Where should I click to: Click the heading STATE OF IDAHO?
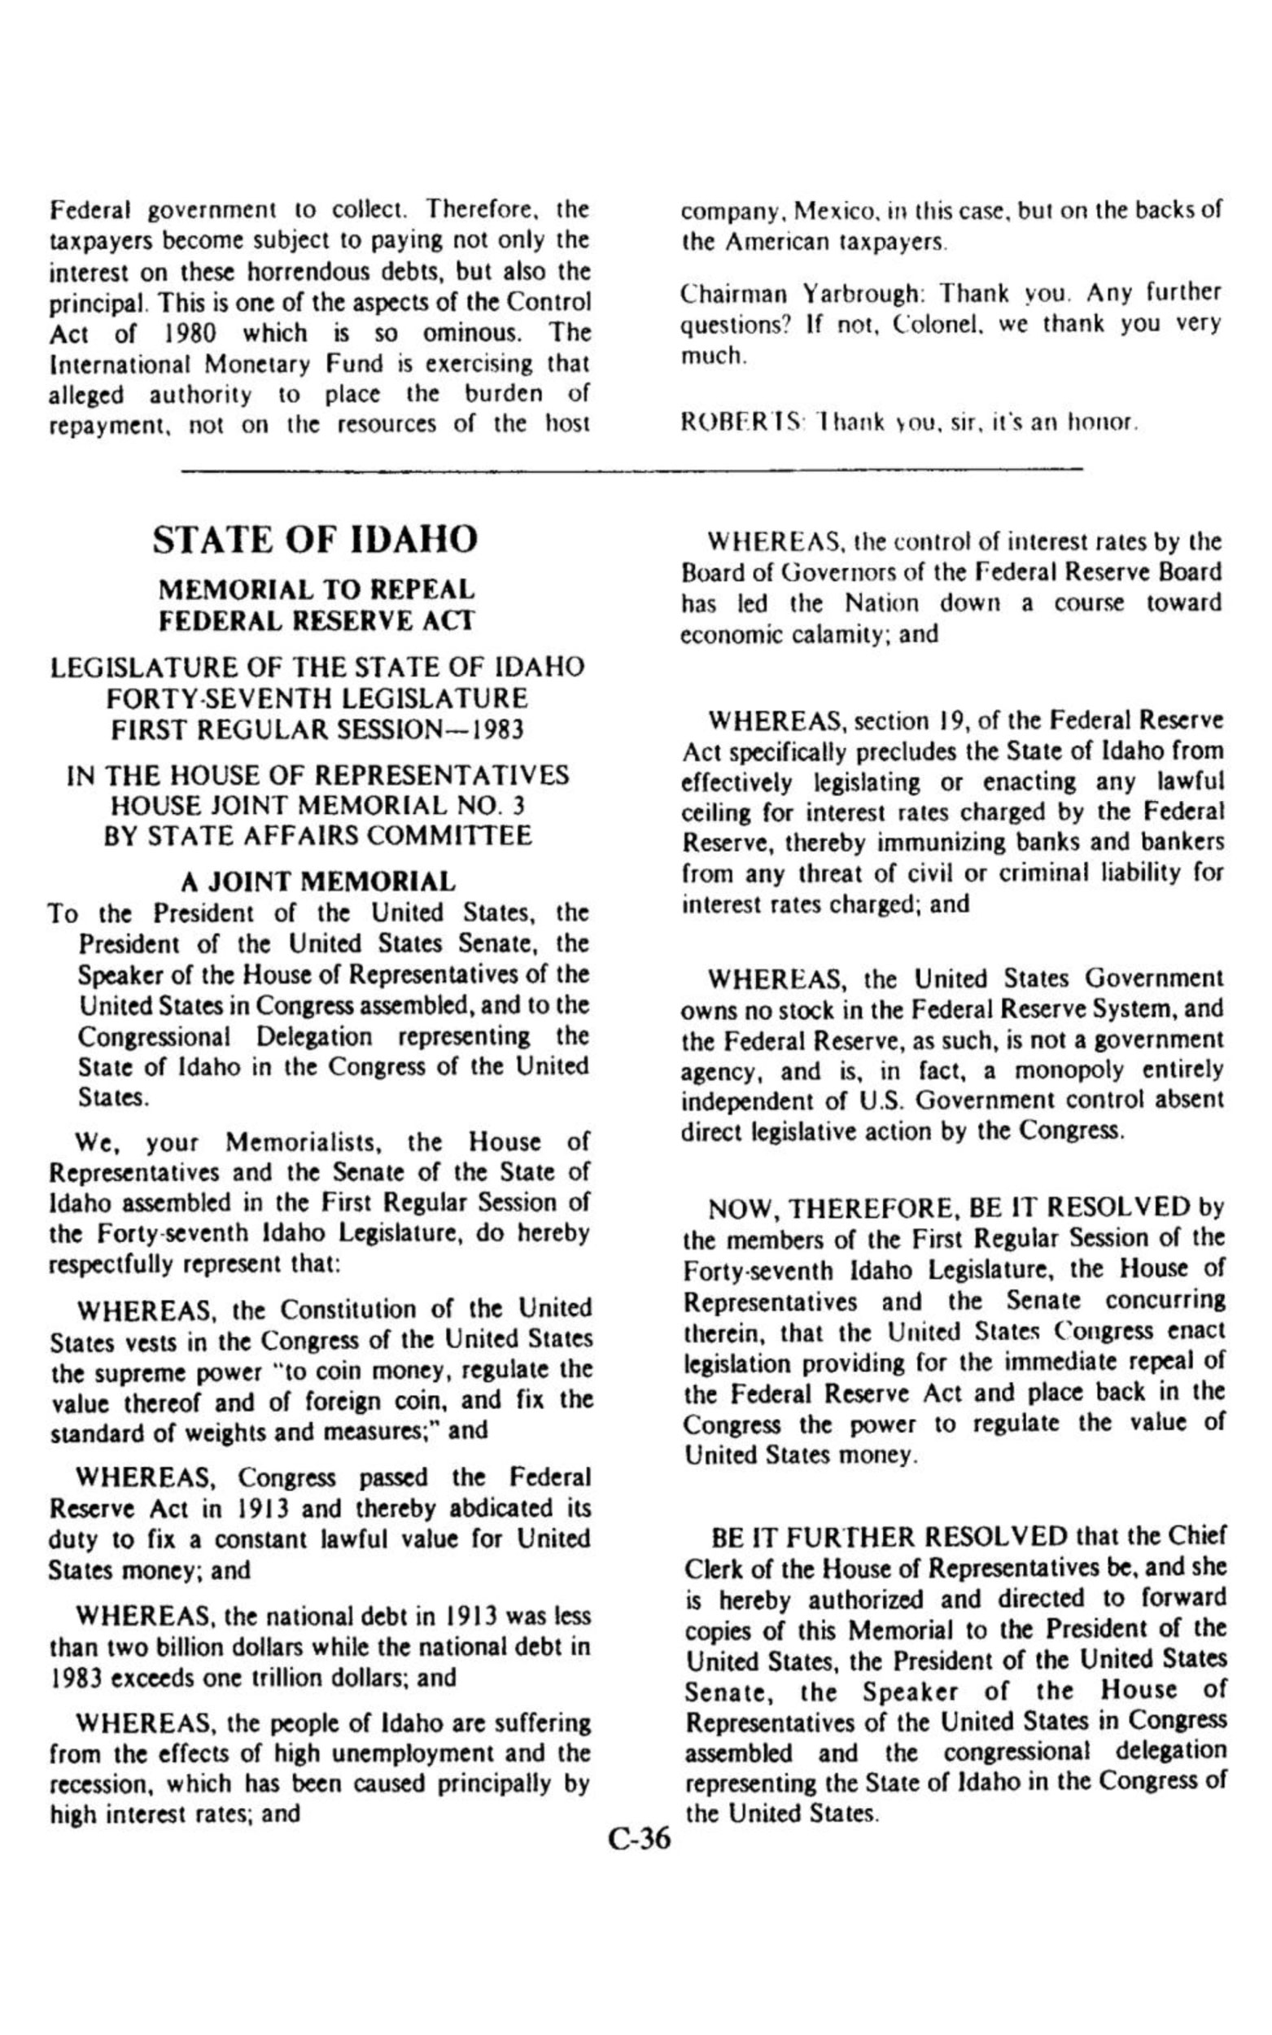(316, 540)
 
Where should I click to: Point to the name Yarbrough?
(864, 294)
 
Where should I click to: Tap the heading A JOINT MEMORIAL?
(319, 882)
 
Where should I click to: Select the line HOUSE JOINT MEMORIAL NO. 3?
(318, 805)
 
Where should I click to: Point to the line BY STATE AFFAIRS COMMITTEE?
(318, 836)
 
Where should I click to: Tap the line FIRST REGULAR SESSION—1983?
(318, 729)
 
